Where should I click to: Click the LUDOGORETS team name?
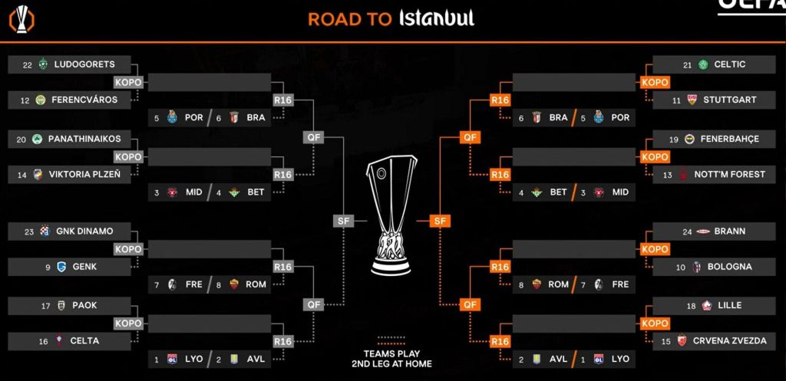click(84, 64)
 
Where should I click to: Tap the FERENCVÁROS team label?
click(84, 100)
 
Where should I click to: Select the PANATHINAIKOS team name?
click(84, 139)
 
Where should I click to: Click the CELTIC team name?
click(729, 64)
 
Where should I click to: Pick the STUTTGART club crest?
click(692, 100)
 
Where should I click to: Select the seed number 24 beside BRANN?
click(687, 232)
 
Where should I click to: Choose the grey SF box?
click(343, 220)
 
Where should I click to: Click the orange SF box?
click(440, 220)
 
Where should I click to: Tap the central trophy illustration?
click(391, 215)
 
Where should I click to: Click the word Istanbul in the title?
click(436, 18)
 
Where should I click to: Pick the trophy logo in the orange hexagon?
click(21, 20)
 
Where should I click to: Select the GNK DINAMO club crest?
click(45, 231)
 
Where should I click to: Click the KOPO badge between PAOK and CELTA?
click(128, 324)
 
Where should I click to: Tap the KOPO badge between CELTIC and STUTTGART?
click(656, 82)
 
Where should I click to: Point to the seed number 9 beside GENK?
click(48, 268)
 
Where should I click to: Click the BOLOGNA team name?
click(729, 267)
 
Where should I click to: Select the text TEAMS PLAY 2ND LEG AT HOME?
click(391, 359)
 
